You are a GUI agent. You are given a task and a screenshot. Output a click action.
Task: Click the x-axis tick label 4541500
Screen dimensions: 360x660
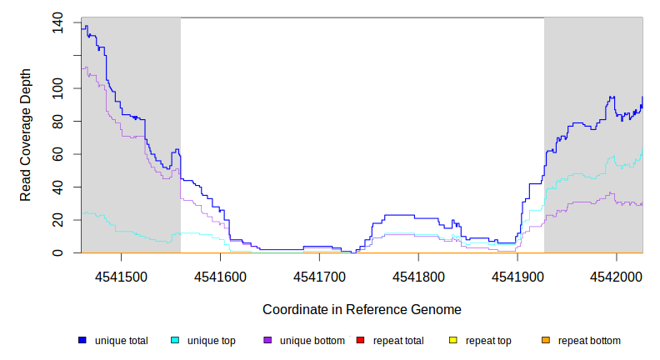(122, 276)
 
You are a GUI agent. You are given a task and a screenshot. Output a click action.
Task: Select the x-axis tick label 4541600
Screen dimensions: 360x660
(221, 276)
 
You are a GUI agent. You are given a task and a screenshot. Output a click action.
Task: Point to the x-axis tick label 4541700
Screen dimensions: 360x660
(320, 276)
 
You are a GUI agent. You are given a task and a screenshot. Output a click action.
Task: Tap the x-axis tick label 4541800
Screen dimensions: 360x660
(418, 276)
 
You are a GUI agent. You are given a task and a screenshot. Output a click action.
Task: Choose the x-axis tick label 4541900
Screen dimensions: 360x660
(517, 276)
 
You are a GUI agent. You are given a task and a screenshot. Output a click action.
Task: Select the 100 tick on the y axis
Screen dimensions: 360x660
(57, 88)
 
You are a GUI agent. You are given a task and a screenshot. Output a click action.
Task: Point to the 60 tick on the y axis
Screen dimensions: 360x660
(57, 154)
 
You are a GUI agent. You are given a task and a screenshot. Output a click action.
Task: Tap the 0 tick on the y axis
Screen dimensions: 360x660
(57, 252)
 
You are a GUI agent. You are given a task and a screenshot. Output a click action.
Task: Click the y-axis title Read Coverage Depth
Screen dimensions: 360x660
(26, 135)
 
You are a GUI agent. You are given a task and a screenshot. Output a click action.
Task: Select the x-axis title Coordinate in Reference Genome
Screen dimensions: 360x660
(362, 309)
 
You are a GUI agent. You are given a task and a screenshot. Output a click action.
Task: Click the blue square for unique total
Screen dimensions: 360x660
(82, 341)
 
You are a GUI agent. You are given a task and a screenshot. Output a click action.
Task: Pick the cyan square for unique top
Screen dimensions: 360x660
(175, 341)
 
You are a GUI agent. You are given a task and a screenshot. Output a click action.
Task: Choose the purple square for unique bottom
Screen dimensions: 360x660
(267, 341)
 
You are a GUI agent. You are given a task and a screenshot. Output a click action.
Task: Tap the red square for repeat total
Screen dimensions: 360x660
(360, 341)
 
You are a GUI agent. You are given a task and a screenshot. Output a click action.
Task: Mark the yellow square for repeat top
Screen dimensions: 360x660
(452, 341)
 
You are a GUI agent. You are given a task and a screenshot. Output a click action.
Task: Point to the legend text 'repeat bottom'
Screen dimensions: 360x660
(589, 341)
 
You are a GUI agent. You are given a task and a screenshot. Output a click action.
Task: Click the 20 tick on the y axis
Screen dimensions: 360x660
(57, 220)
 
